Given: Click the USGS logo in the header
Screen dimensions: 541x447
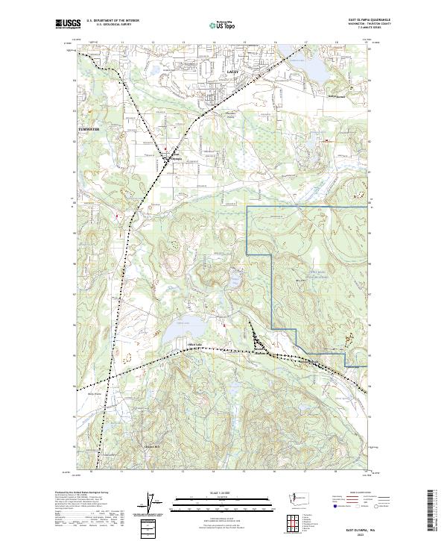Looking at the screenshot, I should coord(68,24).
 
